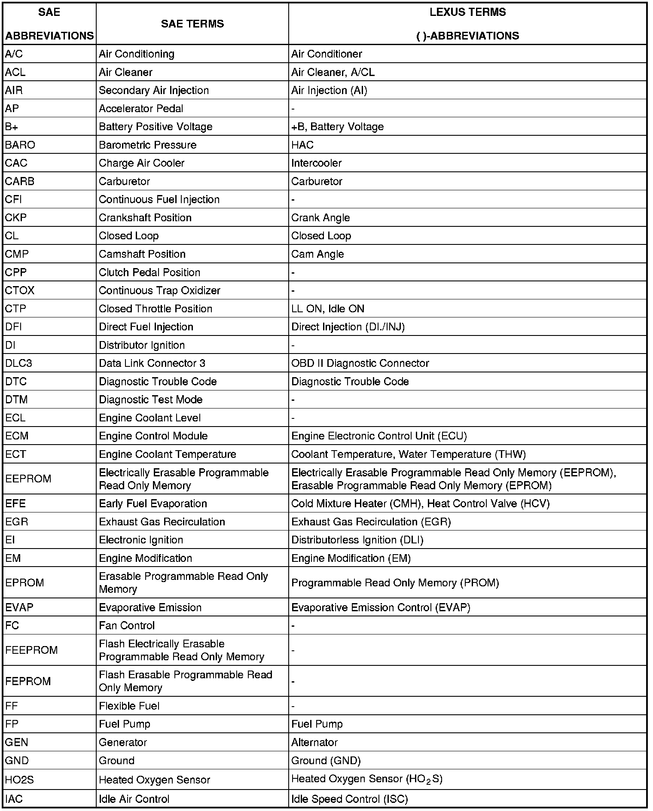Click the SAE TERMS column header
(x=192, y=24)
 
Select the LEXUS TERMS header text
(x=467, y=12)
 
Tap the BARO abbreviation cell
(x=20, y=145)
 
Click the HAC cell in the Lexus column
(x=302, y=145)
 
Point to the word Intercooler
(x=316, y=163)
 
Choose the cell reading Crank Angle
(x=320, y=218)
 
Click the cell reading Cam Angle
(x=317, y=254)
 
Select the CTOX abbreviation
(x=20, y=290)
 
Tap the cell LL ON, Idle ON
(x=327, y=309)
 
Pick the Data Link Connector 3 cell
(x=152, y=363)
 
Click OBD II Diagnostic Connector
(x=360, y=363)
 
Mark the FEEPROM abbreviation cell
(x=31, y=650)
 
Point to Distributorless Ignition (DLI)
(x=357, y=540)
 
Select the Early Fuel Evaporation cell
(x=153, y=503)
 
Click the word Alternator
(x=314, y=742)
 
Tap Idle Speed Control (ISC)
(x=349, y=799)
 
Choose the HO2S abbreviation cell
(x=19, y=780)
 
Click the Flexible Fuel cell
(x=129, y=706)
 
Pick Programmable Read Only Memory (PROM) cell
(x=395, y=583)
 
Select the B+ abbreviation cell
(x=12, y=127)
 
